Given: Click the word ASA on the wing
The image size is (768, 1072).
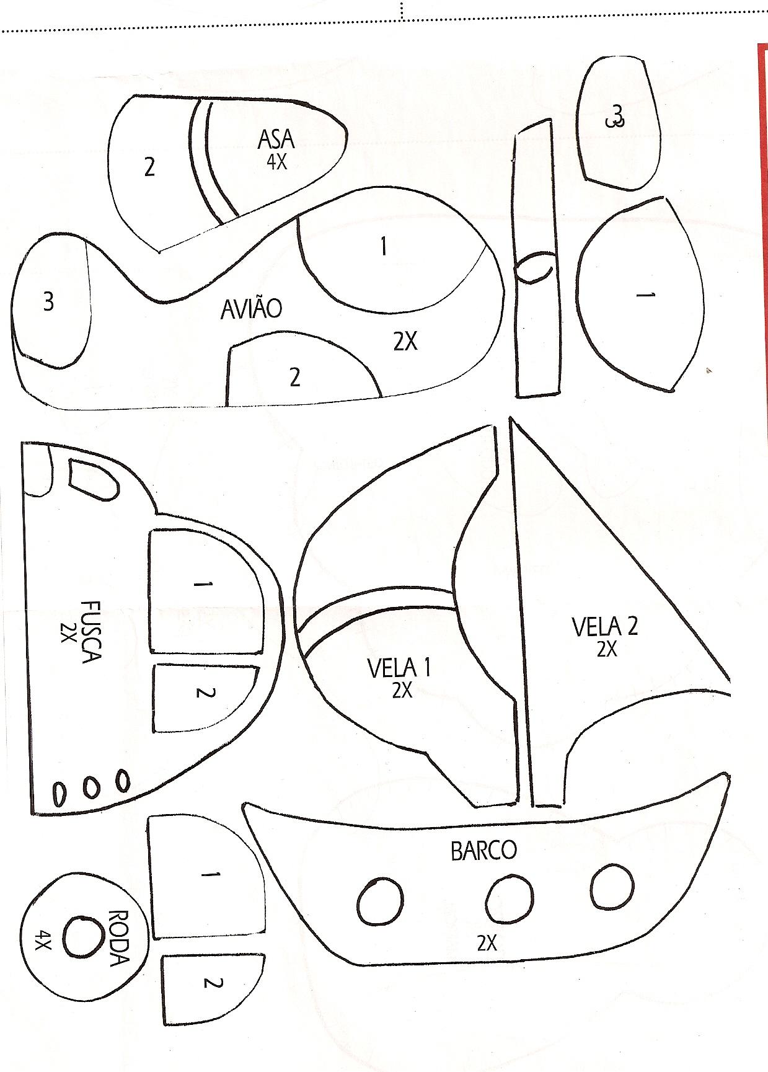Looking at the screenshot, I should (276, 140).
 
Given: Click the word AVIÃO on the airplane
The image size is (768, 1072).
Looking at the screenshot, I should (251, 309).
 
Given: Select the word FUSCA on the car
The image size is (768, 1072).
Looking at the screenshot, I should (90, 631).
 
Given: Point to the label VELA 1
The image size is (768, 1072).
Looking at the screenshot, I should (399, 668).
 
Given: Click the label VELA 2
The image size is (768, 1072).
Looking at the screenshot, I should (604, 627).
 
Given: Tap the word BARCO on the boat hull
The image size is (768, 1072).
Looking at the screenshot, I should (483, 851).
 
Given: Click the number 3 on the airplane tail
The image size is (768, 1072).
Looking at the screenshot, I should (48, 301).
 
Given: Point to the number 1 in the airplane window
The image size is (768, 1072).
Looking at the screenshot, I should (384, 246).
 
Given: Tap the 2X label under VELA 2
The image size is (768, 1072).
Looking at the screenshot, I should (607, 649).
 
